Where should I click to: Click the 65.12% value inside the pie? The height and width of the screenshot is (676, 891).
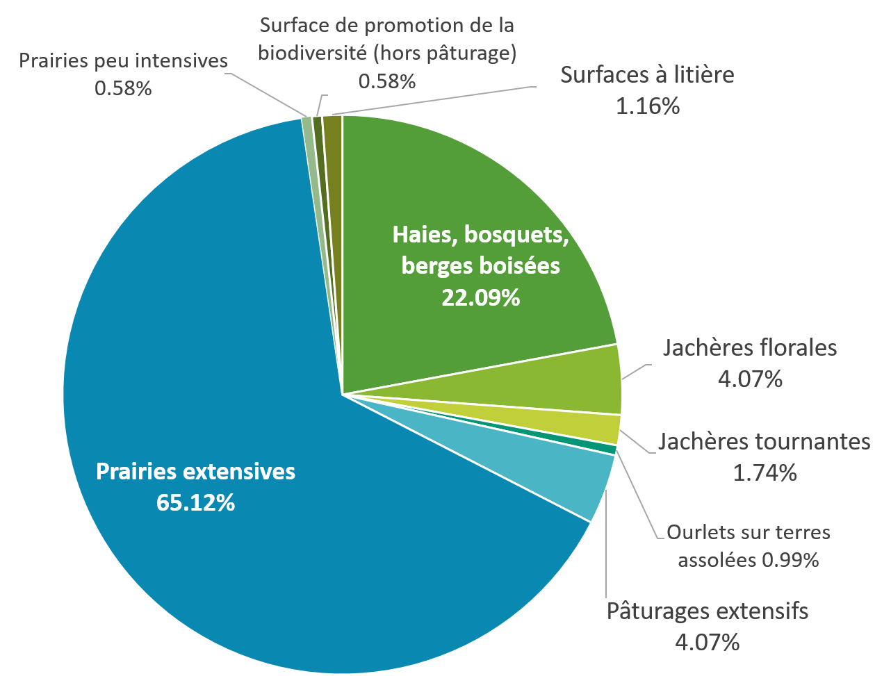coord(195,502)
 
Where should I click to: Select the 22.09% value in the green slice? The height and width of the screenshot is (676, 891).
coord(480,297)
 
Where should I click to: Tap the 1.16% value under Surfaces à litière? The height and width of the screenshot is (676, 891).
coord(647,106)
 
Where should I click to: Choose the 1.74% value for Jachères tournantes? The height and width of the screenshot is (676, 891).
coord(765,473)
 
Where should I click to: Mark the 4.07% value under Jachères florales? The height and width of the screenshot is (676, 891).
coord(750,379)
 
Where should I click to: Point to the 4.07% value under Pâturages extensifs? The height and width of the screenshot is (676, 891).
coord(707,641)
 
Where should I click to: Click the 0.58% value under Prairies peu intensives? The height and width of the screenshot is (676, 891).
coord(123,89)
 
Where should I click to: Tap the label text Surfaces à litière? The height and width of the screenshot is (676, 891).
coord(647,74)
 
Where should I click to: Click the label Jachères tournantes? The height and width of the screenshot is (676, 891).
coord(765,441)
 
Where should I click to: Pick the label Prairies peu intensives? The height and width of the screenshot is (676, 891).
coord(123,60)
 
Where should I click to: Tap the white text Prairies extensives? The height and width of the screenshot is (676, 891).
coord(195,472)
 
